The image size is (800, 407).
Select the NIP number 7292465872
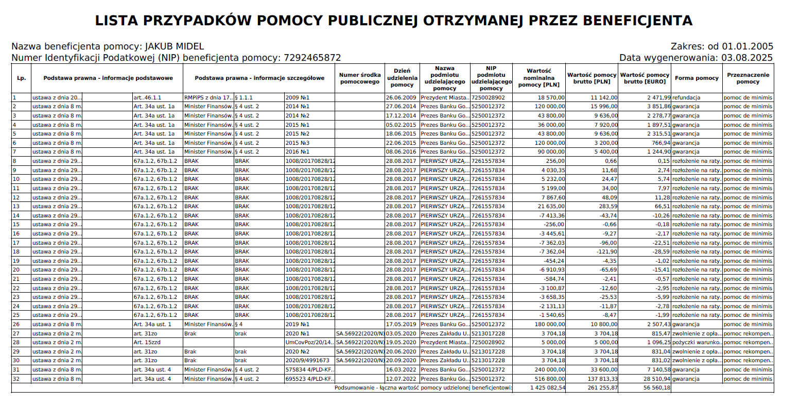312,58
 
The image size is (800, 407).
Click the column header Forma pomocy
697,78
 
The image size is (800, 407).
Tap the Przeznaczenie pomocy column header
748,78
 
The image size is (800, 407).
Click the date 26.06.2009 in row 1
401,97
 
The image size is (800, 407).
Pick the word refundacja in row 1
686,97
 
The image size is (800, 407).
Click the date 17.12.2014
401,116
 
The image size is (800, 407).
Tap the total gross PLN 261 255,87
602,388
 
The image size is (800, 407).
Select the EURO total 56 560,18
657,388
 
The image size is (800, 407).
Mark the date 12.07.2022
401,379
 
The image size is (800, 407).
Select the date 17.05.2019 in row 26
401,325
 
